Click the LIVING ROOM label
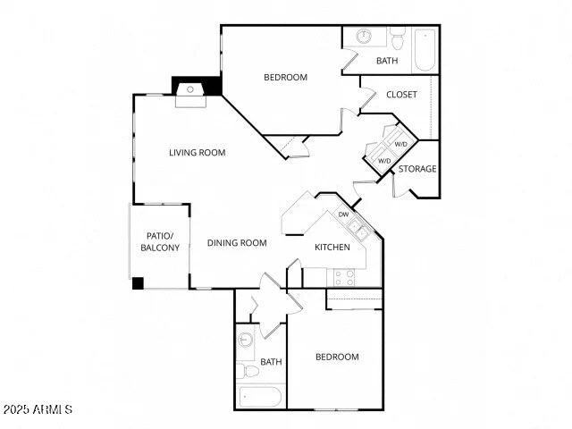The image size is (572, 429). click(197, 152)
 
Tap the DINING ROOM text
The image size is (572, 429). click(237, 242)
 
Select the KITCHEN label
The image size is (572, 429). click(331, 248)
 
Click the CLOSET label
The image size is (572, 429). click(401, 95)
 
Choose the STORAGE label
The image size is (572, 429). click(417, 169)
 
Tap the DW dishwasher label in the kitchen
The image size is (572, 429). click(343, 214)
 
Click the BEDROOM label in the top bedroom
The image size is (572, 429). click(285, 77)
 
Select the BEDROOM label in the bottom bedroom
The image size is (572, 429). click(337, 357)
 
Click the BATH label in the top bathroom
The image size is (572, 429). click(387, 61)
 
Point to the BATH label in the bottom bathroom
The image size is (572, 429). click(271, 362)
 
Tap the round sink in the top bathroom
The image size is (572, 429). click(365, 38)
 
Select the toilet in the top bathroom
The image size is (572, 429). click(398, 38)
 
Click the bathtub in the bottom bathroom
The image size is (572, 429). click(259, 397)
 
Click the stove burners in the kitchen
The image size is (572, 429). click(344, 277)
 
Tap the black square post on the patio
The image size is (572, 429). click(138, 283)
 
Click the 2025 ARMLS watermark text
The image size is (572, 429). click(37, 409)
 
